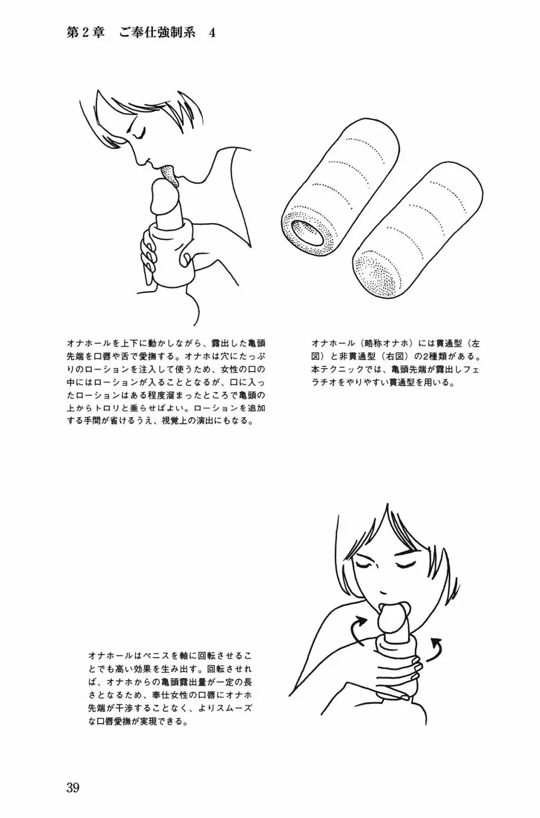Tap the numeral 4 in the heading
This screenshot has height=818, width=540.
click(x=212, y=33)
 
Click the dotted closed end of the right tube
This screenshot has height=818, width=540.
click(x=375, y=272)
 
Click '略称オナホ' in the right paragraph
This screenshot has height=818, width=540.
click(x=387, y=344)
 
